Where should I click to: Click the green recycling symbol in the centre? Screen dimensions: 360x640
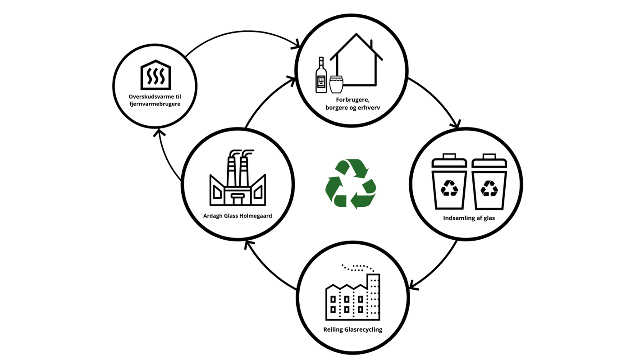tap(351, 184)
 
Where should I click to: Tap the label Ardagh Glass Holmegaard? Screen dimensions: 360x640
tap(238, 216)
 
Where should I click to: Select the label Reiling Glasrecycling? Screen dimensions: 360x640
tap(352, 329)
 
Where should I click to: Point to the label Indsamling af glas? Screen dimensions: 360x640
tap(469, 219)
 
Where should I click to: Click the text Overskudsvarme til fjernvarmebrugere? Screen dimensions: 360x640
tap(155, 100)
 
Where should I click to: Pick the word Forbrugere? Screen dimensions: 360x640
tap(352, 100)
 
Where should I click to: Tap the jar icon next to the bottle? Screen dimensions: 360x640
tap(336, 84)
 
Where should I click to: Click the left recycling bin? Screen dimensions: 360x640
tap(449, 182)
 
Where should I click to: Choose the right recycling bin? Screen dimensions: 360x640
tap(489, 182)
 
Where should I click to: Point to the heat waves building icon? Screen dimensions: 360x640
tap(155, 75)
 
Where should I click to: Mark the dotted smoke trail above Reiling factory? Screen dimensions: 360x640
tap(357, 268)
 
